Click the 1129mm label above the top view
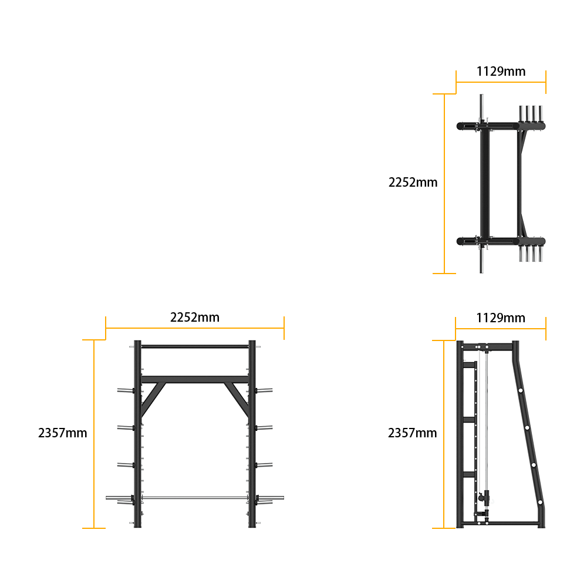point(501,71)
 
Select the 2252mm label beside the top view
point(413,183)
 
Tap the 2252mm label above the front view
point(195,318)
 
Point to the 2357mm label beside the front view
point(63,433)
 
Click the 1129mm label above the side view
point(501,318)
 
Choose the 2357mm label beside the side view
point(412,433)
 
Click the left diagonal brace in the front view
point(153,399)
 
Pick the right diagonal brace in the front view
point(237,399)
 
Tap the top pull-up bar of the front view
point(195,347)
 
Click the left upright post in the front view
point(137,434)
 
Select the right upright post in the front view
point(252,434)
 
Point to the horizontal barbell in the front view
point(195,498)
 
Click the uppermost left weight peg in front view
point(126,390)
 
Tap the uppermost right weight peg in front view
point(264,390)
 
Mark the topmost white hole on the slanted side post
point(520,390)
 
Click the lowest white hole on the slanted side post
point(540,502)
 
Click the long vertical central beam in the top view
point(485,183)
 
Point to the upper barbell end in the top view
point(481,106)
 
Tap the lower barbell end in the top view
point(481,261)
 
